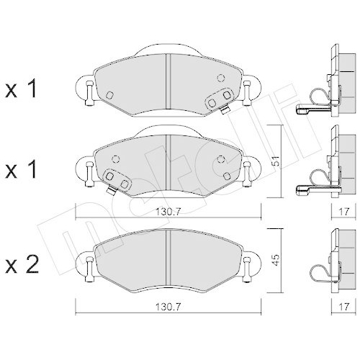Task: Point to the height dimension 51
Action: pyautogui.click(x=274, y=163)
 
